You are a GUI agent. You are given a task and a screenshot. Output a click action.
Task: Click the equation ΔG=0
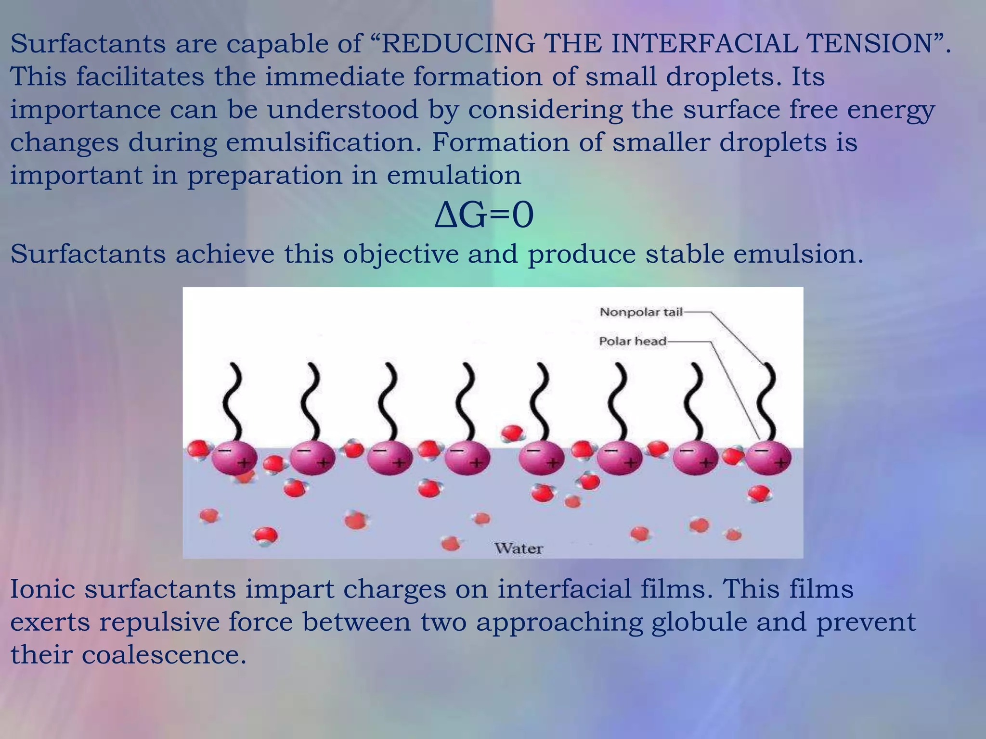pyautogui.click(x=484, y=216)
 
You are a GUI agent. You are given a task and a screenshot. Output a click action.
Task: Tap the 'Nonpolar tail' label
pyautogui.click(x=641, y=312)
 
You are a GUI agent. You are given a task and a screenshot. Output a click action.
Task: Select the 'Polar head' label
pyautogui.click(x=632, y=341)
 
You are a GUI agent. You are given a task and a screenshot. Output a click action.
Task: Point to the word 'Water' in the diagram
pyautogui.click(x=519, y=548)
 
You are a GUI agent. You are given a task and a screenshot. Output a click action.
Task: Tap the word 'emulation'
pyautogui.click(x=454, y=175)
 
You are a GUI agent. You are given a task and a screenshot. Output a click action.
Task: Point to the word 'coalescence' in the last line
pyautogui.click(x=164, y=654)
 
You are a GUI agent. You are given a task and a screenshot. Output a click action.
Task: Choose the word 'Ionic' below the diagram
pyautogui.click(x=42, y=589)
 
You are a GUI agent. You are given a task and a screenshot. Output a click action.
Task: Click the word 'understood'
pyautogui.click(x=343, y=110)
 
